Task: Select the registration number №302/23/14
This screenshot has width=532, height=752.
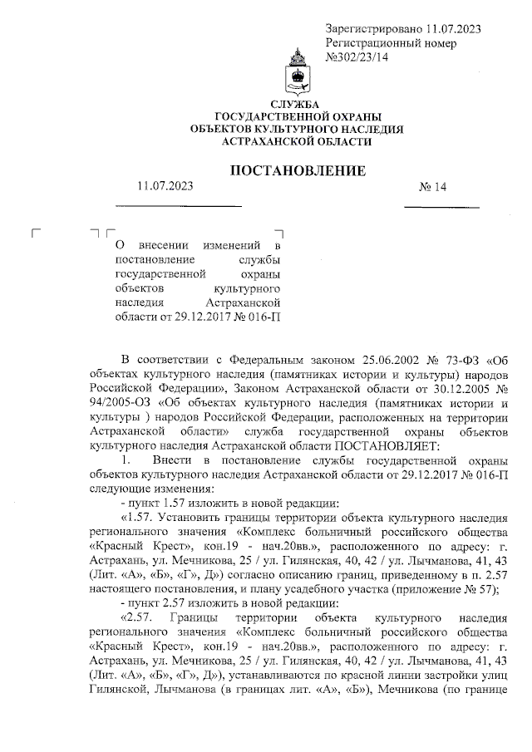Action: (358, 57)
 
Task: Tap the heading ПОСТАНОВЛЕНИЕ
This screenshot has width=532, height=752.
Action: (297, 171)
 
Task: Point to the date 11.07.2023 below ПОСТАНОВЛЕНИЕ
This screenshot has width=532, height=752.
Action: (165, 187)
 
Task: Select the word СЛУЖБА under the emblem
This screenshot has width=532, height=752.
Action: (297, 103)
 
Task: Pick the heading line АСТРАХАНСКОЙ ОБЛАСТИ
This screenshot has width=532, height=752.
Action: (297, 143)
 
